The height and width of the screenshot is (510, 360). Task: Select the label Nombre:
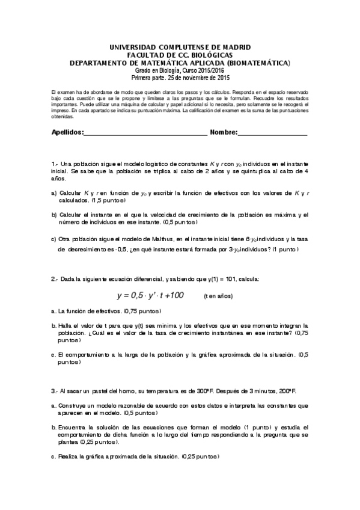225,132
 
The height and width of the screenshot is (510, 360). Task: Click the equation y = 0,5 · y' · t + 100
150,295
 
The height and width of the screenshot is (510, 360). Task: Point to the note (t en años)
218,296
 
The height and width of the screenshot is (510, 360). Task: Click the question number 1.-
55,164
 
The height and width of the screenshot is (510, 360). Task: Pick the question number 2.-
55,279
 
